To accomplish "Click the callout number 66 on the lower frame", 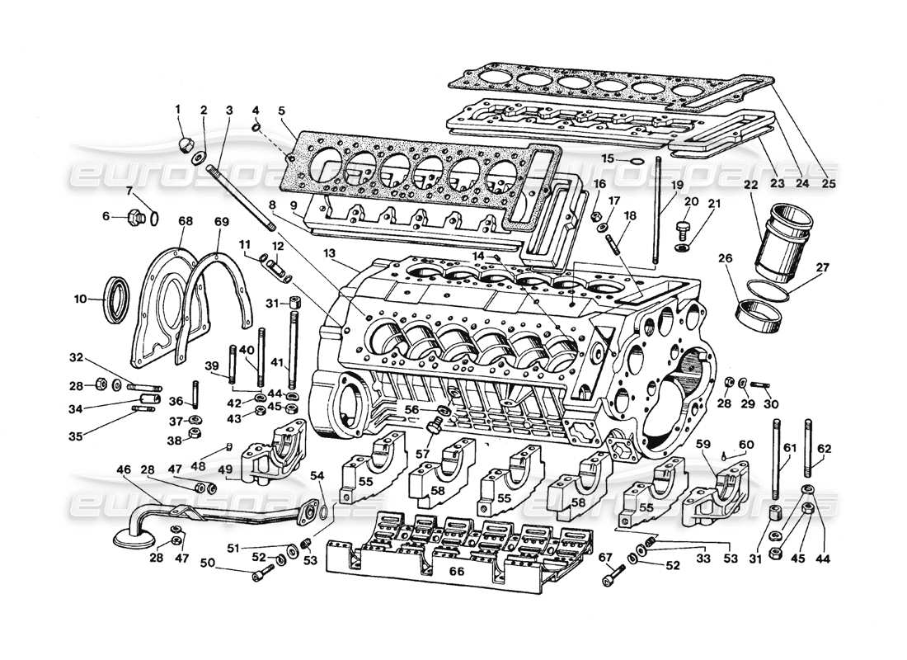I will (x=456, y=571).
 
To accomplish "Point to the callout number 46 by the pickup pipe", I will (x=124, y=470).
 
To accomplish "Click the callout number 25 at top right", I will (x=829, y=183).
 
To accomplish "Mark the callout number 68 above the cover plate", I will (x=185, y=221).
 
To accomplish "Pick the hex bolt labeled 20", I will (x=682, y=224).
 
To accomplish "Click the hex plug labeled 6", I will (x=134, y=219).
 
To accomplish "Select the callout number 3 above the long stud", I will (x=230, y=110).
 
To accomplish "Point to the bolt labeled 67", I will (x=609, y=579).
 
